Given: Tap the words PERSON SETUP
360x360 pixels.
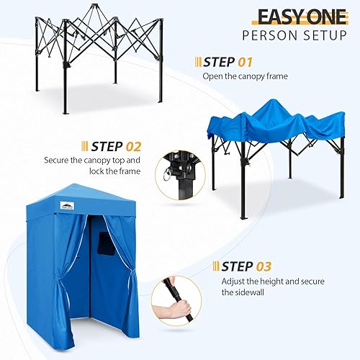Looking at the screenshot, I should point(295,35).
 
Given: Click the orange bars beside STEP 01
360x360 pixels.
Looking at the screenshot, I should point(198,63).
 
